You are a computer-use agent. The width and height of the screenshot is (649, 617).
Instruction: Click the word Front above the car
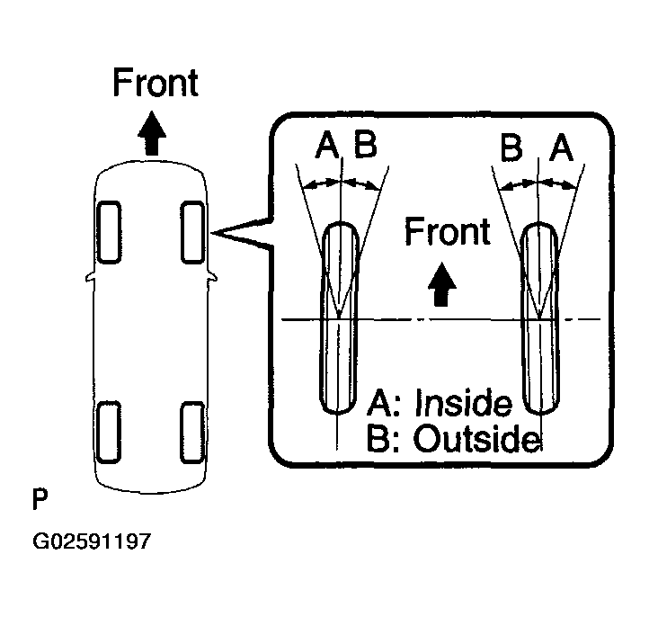(x=155, y=83)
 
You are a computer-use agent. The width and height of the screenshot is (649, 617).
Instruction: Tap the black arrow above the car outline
(x=154, y=135)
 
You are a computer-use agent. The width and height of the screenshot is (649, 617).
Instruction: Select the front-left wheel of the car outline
(x=109, y=231)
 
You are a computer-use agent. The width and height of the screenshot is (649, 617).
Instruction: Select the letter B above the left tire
(x=364, y=145)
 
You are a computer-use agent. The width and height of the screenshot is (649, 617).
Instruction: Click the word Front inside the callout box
(x=448, y=232)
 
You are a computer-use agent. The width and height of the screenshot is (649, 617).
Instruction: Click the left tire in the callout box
(x=339, y=317)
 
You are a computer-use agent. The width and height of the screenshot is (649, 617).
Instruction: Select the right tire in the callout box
(x=540, y=317)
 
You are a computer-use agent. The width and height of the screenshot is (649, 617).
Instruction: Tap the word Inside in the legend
(x=462, y=404)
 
